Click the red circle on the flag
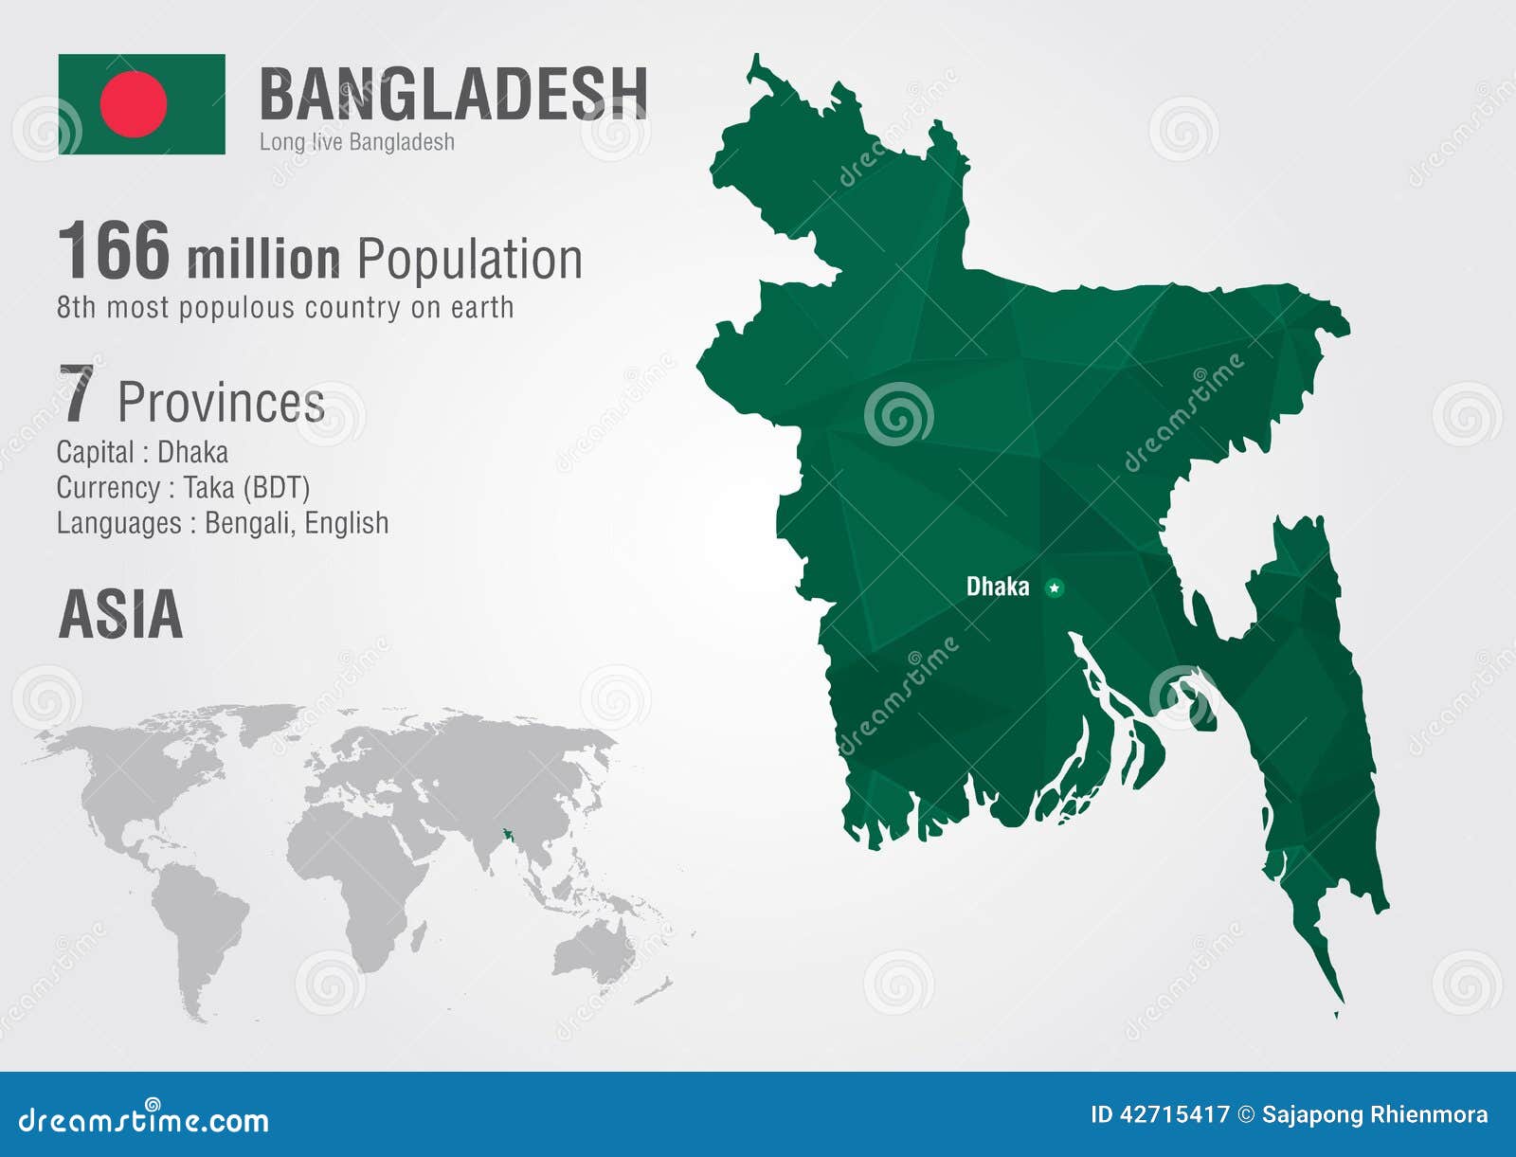click(x=134, y=104)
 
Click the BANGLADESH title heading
click(x=453, y=94)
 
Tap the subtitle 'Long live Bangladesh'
click(x=356, y=142)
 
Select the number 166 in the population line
click(x=114, y=251)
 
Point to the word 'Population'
click(x=469, y=259)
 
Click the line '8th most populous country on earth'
click(x=284, y=308)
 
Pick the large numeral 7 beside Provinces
click(x=77, y=394)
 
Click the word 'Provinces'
click(x=221, y=402)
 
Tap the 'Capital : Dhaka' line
click(x=142, y=452)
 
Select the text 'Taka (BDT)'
click(x=246, y=487)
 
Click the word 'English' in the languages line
click(x=347, y=523)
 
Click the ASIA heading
click(x=120, y=614)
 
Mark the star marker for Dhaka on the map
click(x=1054, y=588)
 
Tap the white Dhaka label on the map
click(x=997, y=587)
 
